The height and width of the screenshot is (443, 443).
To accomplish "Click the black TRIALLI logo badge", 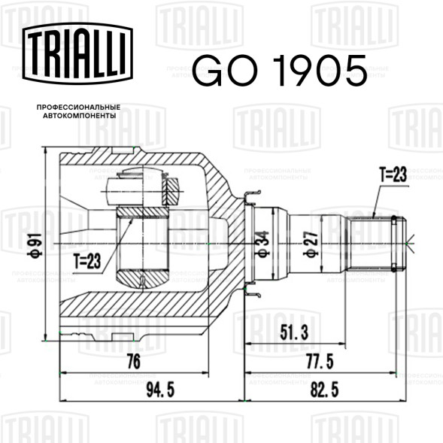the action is tap(77, 53).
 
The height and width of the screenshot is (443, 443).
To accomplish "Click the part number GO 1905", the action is tap(280, 71).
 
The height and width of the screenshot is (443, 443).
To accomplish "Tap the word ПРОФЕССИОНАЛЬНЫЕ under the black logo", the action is tap(78, 108).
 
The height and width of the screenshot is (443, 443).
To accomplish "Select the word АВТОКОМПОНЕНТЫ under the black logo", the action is tap(80, 116).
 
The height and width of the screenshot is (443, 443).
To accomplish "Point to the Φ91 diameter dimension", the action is tap(35, 244).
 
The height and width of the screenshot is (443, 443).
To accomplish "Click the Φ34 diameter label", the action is tap(262, 244).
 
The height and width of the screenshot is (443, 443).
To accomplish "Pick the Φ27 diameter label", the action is tap(311, 244).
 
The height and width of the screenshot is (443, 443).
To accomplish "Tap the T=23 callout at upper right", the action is tap(393, 174).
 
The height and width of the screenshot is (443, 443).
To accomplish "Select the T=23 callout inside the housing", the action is tap(87, 261).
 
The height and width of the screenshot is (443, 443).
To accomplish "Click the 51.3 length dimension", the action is tap(294, 332).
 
